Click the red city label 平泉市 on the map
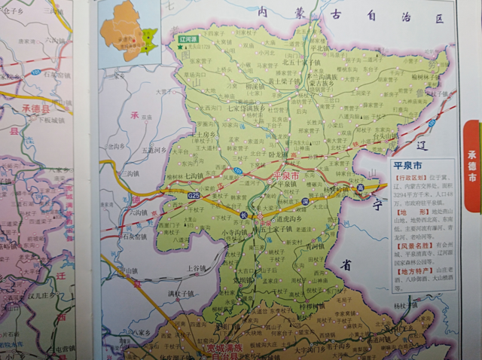285,175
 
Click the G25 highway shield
194,196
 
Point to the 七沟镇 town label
199,176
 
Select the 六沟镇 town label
137,213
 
